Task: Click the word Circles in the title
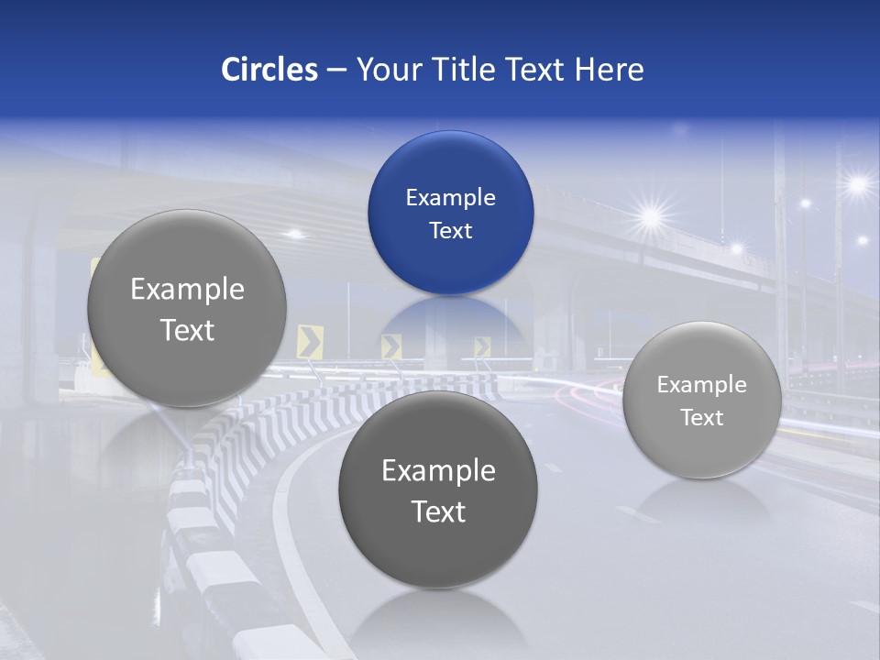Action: click(x=269, y=70)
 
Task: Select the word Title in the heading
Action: click(x=466, y=70)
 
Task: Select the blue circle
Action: click(x=450, y=213)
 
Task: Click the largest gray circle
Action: click(x=187, y=308)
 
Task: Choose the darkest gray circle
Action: click(x=438, y=489)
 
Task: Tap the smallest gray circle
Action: click(x=702, y=401)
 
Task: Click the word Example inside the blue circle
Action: click(x=450, y=197)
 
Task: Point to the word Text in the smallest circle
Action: click(x=702, y=418)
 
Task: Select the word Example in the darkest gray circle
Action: click(x=438, y=471)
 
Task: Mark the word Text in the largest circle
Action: click(x=187, y=330)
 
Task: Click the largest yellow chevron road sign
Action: click(x=310, y=342)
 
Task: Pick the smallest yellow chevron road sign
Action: click(x=482, y=346)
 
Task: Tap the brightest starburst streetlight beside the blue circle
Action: click(x=652, y=217)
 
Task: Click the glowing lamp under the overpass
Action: click(x=295, y=234)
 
